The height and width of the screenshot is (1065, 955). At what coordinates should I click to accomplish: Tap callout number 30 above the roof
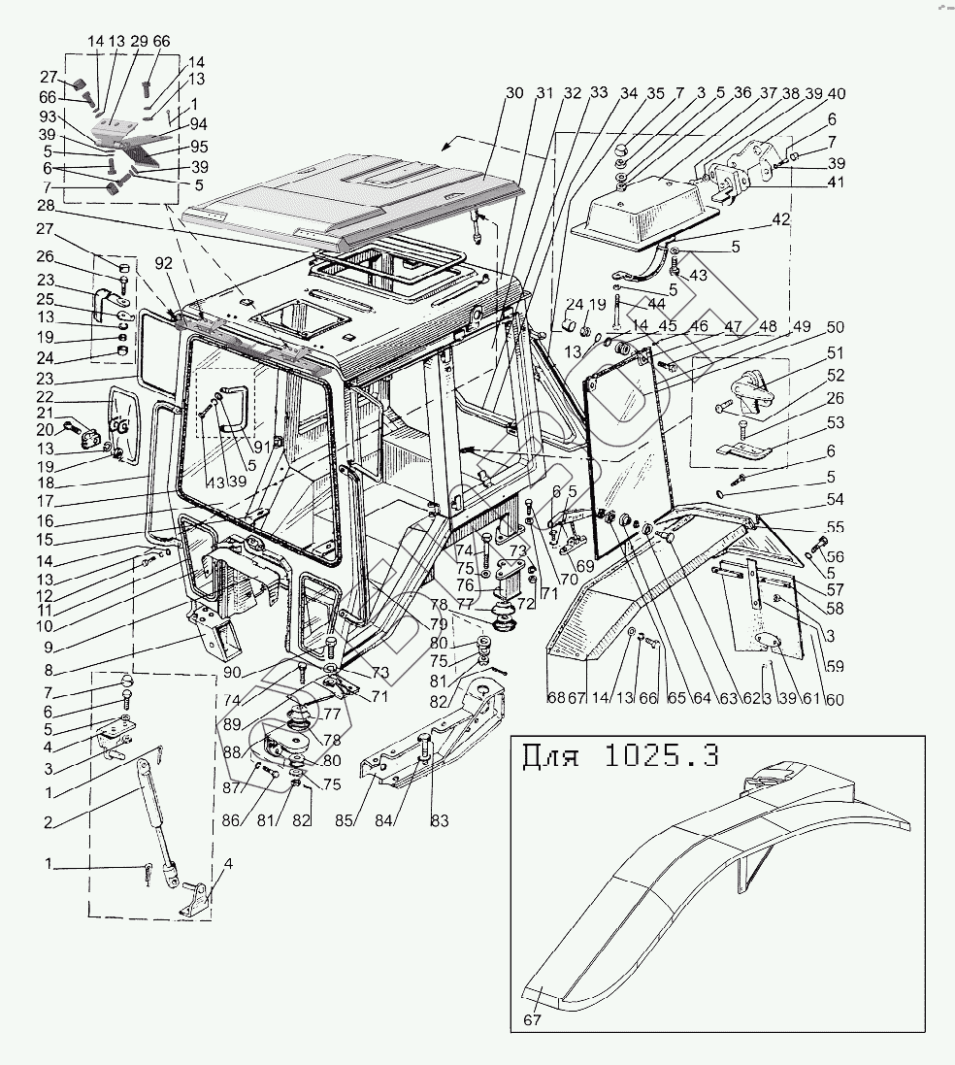pyautogui.click(x=514, y=93)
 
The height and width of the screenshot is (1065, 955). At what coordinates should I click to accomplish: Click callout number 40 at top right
pyautogui.click(x=836, y=93)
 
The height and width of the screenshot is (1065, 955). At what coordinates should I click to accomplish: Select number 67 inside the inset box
pyautogui.click(x=531, y=1019)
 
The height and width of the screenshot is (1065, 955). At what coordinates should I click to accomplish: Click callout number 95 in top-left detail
pyautogui.click(x=199, y=147)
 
